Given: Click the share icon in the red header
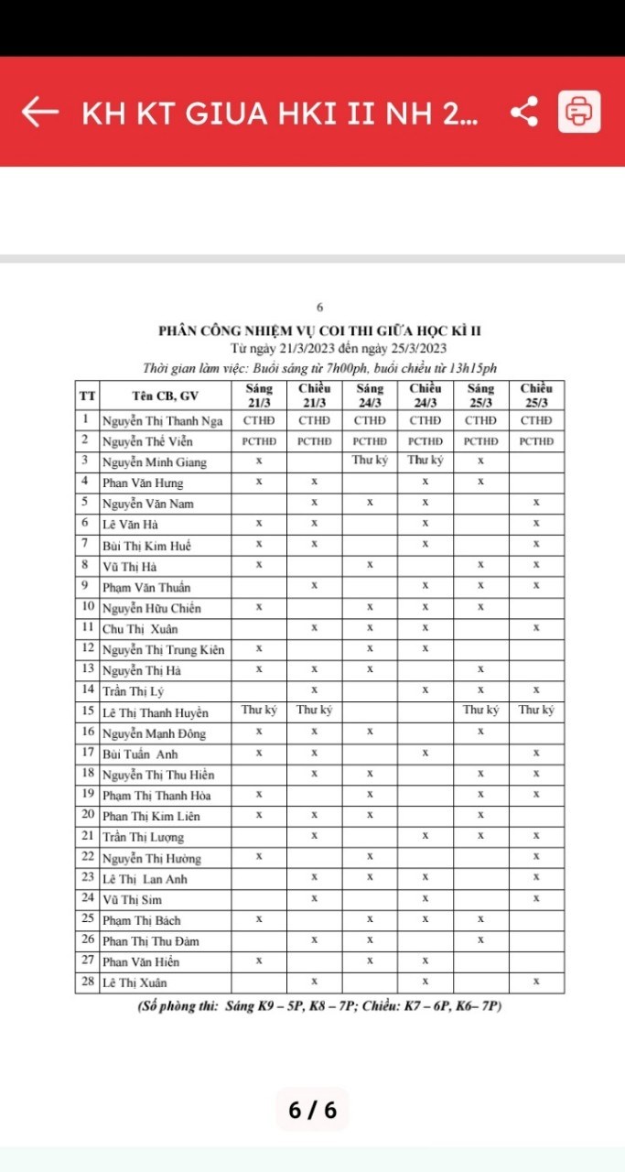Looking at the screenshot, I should click(x=523, y=112).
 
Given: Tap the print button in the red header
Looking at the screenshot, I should click(x=579, y=112).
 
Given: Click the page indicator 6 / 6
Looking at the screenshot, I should click(x=312, y=1110).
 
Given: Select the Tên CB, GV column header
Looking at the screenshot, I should click(x=165, y=396).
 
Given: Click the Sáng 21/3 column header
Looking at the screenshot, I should click(x=259, y=396).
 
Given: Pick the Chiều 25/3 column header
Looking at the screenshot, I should click(x=536, y=396).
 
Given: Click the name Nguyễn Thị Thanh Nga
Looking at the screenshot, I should click(x=162, y=420).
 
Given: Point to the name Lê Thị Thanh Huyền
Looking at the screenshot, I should click(x=156, y=712).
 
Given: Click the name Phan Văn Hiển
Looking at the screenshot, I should click(x=141, y=961).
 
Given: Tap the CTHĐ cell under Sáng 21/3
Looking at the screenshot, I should click(x=259, y=420).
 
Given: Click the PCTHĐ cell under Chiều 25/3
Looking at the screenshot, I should click(x=536, y=441).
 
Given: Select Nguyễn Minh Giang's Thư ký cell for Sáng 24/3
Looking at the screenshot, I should click(x=370, y=461).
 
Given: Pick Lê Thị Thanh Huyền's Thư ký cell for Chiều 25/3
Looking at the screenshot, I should click(x=536, y=711).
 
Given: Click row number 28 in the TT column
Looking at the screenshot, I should click(x=87, y=982).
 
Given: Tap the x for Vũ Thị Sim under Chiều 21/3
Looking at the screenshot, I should click(x=315, y=899).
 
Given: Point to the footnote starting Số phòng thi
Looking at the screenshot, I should click(x=319, y=1006).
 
